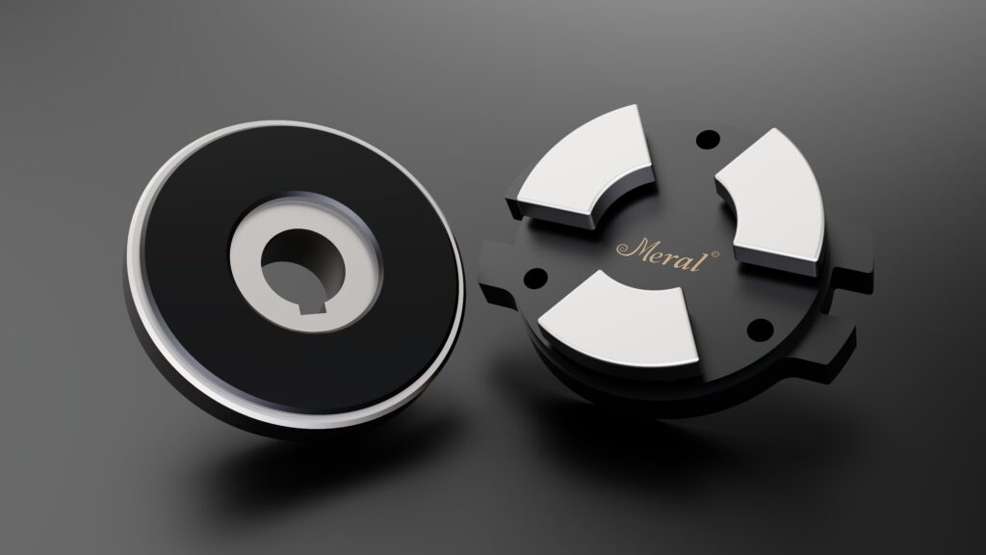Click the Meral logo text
click(667, 253)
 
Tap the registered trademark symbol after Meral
click(714, 254)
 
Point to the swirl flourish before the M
click(624, 250)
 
